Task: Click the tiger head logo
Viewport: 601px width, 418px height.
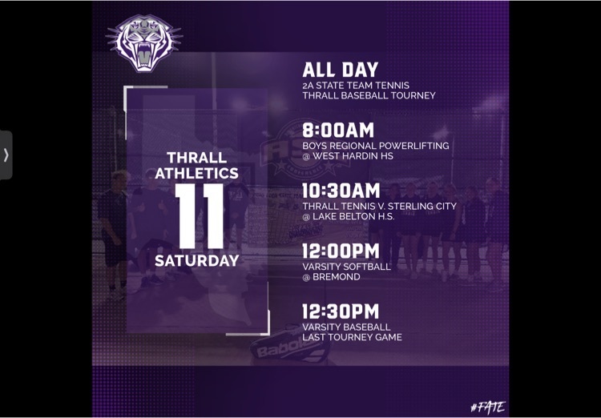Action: (x=144, y=43)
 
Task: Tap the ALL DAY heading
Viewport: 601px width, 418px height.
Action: (x=341, y=70)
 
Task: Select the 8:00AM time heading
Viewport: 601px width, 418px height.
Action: (x=338, y=131)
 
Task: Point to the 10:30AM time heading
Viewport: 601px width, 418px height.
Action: (x=341, y=191)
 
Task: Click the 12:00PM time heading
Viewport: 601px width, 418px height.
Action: (x=341, y=251)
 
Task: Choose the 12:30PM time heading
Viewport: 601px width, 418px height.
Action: (x=341, y=311)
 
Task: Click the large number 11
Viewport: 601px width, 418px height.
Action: (x=200, y=216)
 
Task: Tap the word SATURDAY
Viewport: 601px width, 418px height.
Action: (x=197, y=260)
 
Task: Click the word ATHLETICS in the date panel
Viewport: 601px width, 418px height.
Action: (x=197, y=173)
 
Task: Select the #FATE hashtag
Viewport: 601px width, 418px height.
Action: (x=488, y=407)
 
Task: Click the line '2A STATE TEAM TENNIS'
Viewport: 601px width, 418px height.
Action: (x=356, y=86)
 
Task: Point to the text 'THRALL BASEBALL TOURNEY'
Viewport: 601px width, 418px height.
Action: (x=369, y=95)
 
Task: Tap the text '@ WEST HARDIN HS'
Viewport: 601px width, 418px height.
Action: (x=348, y=156)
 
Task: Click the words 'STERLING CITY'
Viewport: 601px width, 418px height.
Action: (x=422, y=206)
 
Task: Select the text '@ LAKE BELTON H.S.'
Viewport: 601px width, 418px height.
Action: (x=349, y=216)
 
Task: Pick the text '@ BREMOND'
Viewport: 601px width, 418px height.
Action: (x=331, y=276)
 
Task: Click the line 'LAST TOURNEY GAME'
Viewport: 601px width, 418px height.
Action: (x=353, y=337)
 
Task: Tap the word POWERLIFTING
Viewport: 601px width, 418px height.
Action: (x=413, y=146)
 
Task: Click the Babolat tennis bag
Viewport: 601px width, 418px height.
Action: (x=291, y=345)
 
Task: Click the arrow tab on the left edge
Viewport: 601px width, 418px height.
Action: (x=6, y=155)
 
